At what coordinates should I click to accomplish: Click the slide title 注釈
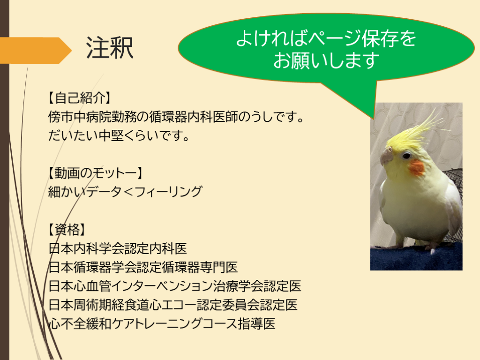pyautogui.click(x=110, y=48)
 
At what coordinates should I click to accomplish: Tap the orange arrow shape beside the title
pyautogui.click(x=35, y=50)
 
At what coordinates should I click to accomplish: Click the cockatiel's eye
pyautogui.click(x=406, y=156)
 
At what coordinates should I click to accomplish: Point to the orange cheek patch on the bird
pyautogui.click(x=417, y=167)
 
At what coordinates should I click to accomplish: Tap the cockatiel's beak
pyautogui.click(x=386, y=156)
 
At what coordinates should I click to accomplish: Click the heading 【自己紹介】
pyautogui.click(x=79, y=98)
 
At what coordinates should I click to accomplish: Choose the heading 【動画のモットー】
pyautogui.click(x=95, y=173)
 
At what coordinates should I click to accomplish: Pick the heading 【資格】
pyautogui.click(x=66, y=229)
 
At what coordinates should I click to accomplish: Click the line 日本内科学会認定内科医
pyautogui.click(x=118, y=248)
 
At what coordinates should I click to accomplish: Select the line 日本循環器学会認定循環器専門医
pyautogui.click(x=143, y=267)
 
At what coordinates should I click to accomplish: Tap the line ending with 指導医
pyautogui.click(x=162, y=323)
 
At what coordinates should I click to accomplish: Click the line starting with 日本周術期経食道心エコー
pyautogui.click(x=173, y=305)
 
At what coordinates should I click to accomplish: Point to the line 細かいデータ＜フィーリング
pyautogui.click(x=125, y=192)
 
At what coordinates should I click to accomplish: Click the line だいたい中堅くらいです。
pyautogui.click(x=119, y=135)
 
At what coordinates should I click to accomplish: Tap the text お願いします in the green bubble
pyautogui.click(x=326, y=60)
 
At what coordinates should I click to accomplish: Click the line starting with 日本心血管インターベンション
pyautogui.click(x=175, y=286)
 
